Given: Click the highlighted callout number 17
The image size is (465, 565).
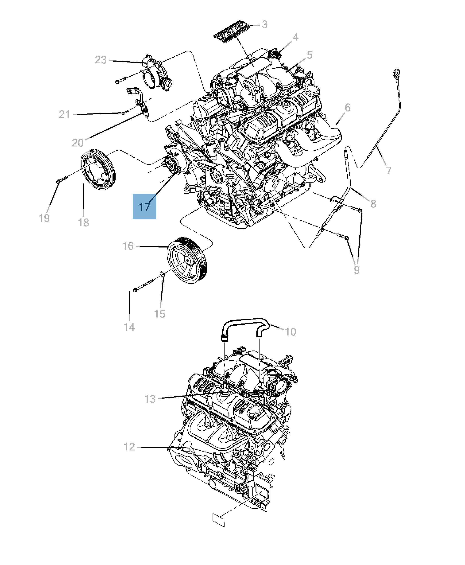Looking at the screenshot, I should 144,207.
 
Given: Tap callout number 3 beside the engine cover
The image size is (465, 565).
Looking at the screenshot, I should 264,25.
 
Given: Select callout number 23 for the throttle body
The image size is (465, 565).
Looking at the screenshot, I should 101,60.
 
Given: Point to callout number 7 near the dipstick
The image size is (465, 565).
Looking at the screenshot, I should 389,170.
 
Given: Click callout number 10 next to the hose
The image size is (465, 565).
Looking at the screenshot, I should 290,332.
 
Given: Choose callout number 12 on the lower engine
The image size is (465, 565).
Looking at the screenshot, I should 129,447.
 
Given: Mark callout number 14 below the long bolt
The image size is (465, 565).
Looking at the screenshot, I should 129,327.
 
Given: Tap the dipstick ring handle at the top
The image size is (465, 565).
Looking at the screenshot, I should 396,73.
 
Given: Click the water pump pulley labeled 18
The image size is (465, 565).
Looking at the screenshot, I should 98,170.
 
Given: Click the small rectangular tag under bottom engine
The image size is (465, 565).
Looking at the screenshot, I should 219,520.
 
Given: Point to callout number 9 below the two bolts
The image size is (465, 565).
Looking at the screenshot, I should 356,270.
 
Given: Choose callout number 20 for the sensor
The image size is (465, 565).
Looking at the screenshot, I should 78,143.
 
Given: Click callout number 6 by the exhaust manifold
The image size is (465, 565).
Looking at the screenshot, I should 347,108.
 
